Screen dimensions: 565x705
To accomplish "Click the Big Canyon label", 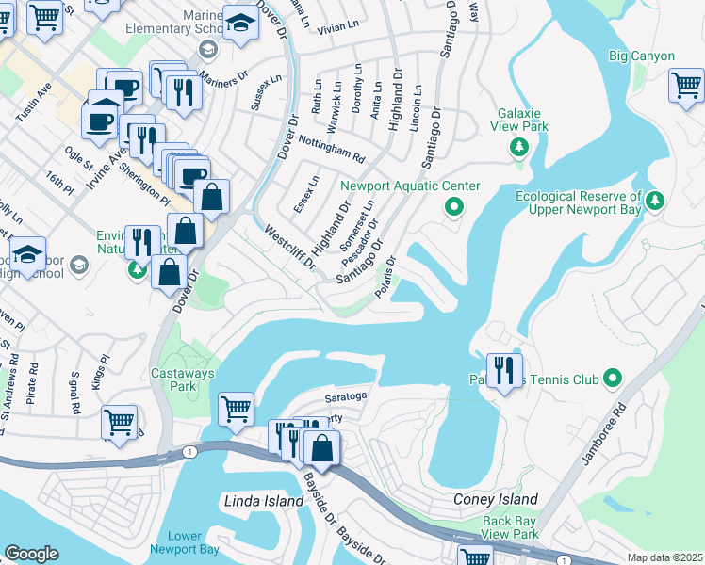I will point(642,56).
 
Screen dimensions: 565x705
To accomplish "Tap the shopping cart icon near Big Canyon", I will point(686,87).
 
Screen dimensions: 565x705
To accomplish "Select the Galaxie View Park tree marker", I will point(517,147).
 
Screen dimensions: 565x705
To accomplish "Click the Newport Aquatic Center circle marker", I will point(454,206).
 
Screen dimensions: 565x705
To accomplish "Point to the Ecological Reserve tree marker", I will point(656,201).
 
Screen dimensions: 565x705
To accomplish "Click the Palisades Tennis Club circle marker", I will point(614,379).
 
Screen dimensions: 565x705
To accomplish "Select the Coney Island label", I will point(496,499).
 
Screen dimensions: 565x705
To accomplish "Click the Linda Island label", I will point(264,501).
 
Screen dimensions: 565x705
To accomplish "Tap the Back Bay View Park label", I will point(510,527).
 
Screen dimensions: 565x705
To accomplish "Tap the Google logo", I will point(31,554).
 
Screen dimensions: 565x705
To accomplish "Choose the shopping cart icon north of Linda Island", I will point(235,409).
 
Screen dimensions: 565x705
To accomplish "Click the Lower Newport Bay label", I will point(186,542).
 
